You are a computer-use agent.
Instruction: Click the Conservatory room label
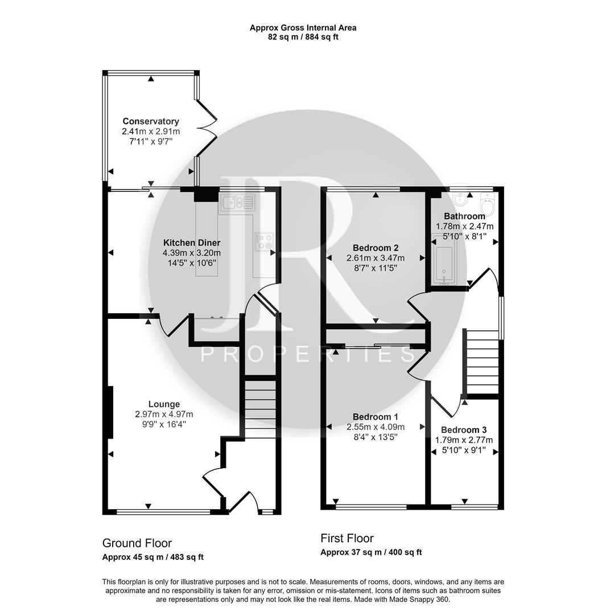pyautogui.click(x=151, y=121)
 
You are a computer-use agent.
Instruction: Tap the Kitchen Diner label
pyautogui.click(x=192, y=243)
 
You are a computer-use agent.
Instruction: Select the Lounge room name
pyautogui.click(x=164, y=404)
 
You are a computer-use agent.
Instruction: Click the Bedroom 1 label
pyautogui.click(x=376, y=417)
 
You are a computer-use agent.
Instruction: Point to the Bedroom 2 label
pyautogui.click(x=376, y=248)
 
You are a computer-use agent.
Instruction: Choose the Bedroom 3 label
pyautogui.click(x=464, y=430)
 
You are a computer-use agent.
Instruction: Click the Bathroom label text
pyautogui.click(x=464, y=216)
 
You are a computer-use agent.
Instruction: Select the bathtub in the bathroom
pyautogui.click(x=443, y=265)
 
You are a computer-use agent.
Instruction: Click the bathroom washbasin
pyautogui.click(x=460, y=200)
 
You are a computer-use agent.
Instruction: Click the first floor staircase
pyautogui.click(x=482, y=362)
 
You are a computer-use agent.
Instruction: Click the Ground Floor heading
pyautogui.click(x=137, y=543)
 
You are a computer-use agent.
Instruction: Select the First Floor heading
pyautogui.click(x=347, y=538)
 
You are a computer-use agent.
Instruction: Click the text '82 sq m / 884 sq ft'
pyautogui.click(x=303, y=37)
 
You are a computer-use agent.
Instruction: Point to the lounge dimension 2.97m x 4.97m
pyautogui.click(x=164, y=414)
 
